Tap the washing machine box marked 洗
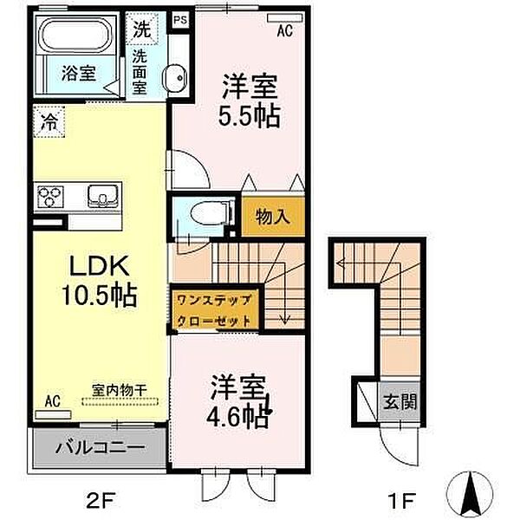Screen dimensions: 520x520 (142, 29)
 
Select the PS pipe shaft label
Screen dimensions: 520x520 (181, 20)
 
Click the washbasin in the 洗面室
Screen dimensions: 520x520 (175, 78)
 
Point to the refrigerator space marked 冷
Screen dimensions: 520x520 (49, 121)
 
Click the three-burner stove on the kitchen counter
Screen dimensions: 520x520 (50, 197)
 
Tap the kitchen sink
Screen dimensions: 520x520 (102, 196)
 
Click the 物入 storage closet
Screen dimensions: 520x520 (273, 217)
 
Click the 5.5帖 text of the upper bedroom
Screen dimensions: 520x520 (250, 117)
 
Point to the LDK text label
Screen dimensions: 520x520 (99, 266)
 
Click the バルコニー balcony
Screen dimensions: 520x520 (99, 448)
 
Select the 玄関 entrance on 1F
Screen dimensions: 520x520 (400, 402)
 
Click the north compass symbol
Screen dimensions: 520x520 (470, 493)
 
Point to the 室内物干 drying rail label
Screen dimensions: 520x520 (120, 390)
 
